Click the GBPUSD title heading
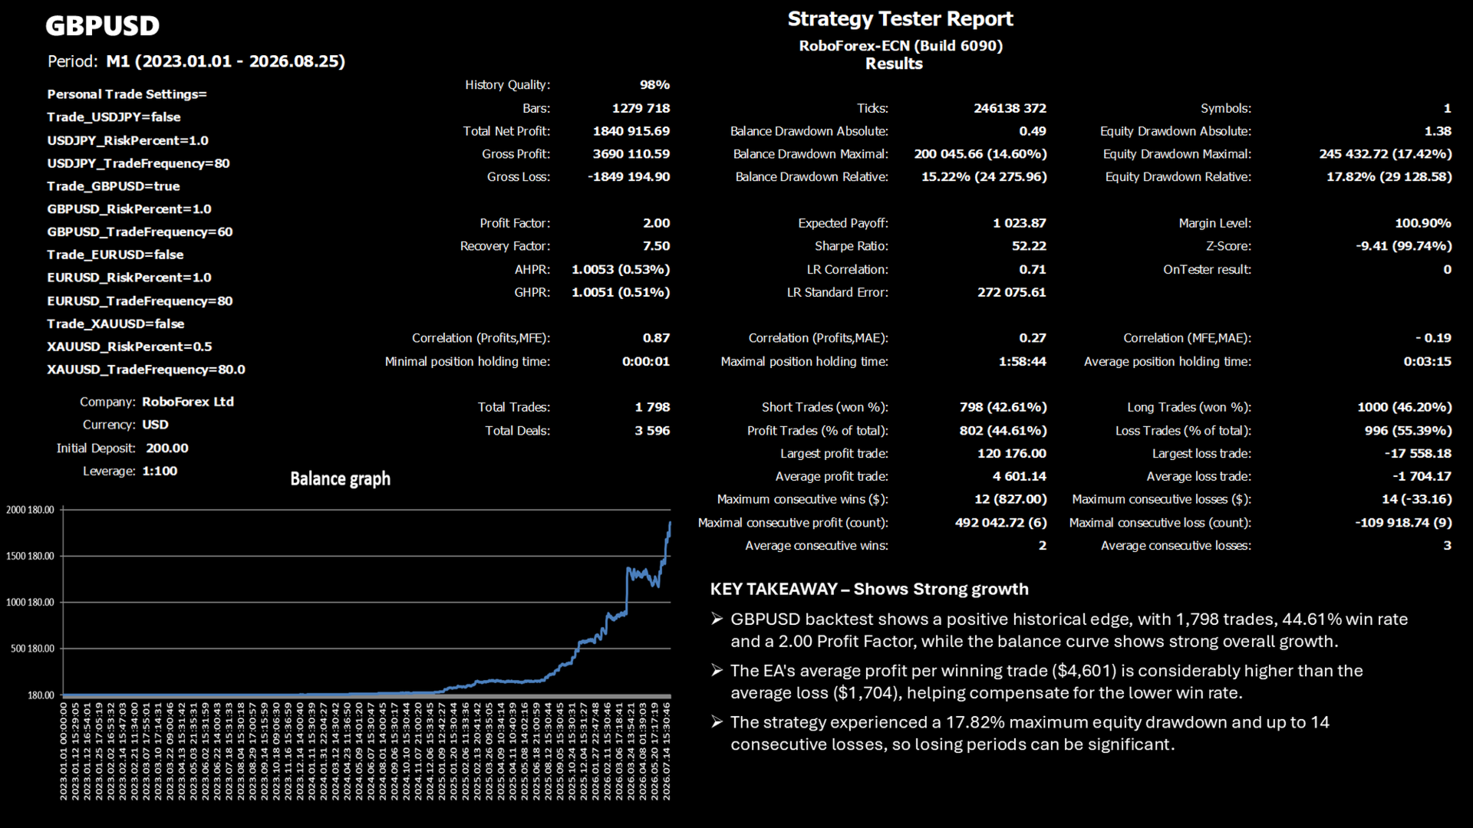[x=102, y=25]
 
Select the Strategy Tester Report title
[x=900, y=19]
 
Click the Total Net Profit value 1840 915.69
[x=631, y=131]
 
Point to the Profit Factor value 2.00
[x=656, y=223]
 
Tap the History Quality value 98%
[x=654, y=85]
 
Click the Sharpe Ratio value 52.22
[x=1029, y=246]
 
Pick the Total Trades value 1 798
[x=652, y=407]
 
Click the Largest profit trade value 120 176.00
[x=1011, y=453]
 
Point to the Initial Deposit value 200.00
[x=167, y=448]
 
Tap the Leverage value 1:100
[x=160, y=471]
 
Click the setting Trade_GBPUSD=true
[x=114, y=186]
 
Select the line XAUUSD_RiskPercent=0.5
[x=130, y=347]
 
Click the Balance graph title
[x=340, y=479]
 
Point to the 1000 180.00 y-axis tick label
[x=30, y=603]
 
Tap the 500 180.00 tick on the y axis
[x=32, y=649]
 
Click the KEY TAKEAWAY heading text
[x=869, y=589]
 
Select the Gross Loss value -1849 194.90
[x=628, y=177]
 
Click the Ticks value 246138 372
[x=1010, y=108]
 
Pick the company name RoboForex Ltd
[x=188, y=402]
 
